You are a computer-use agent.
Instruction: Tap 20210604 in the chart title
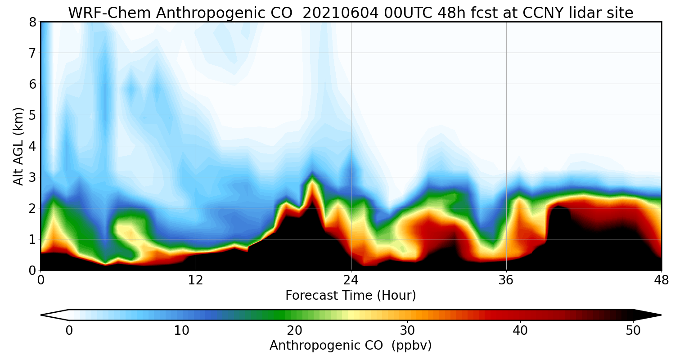click(341, 13)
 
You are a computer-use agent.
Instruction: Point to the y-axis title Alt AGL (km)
click(18, 146)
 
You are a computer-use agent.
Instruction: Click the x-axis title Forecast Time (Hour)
click(351, 296)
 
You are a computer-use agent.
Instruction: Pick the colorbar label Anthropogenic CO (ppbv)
click(351, 345)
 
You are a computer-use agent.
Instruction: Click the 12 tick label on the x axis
click(196, 280)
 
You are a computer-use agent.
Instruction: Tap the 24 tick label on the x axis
click(351, 280)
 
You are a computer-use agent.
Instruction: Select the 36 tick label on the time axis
click(506, 280)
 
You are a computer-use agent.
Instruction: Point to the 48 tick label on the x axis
click(661, 280)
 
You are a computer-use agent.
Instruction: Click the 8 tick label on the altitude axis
click(32, 22)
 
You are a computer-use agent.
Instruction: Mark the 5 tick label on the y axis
click(32, 115)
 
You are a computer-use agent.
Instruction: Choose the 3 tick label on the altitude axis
click(32, 177)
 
